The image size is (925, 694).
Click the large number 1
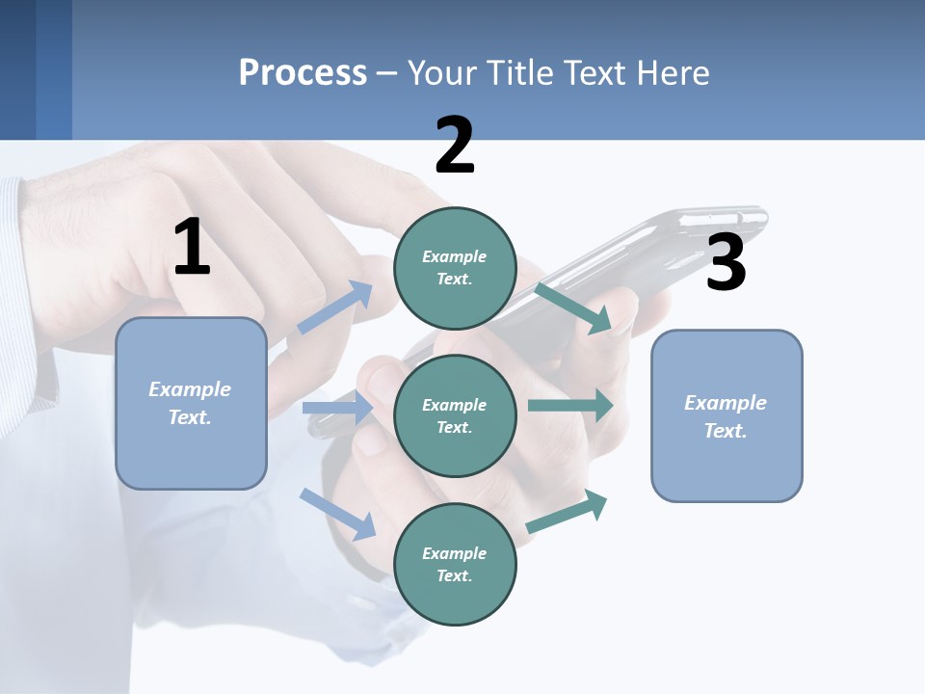[192, 248]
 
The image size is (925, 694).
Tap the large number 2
[455, 146]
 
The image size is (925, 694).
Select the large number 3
[726, 263]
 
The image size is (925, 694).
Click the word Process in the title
[303, 72]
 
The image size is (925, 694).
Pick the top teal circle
[455, 268]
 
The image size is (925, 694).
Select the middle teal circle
[455, 415]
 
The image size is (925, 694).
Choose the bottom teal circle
[455, 564]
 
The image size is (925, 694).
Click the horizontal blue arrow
[337, 408]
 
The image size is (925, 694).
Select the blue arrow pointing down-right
[338, 513]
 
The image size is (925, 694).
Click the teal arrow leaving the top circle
[574, 307]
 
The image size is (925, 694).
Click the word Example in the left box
[190, 389]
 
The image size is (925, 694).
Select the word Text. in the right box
[726, 431]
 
